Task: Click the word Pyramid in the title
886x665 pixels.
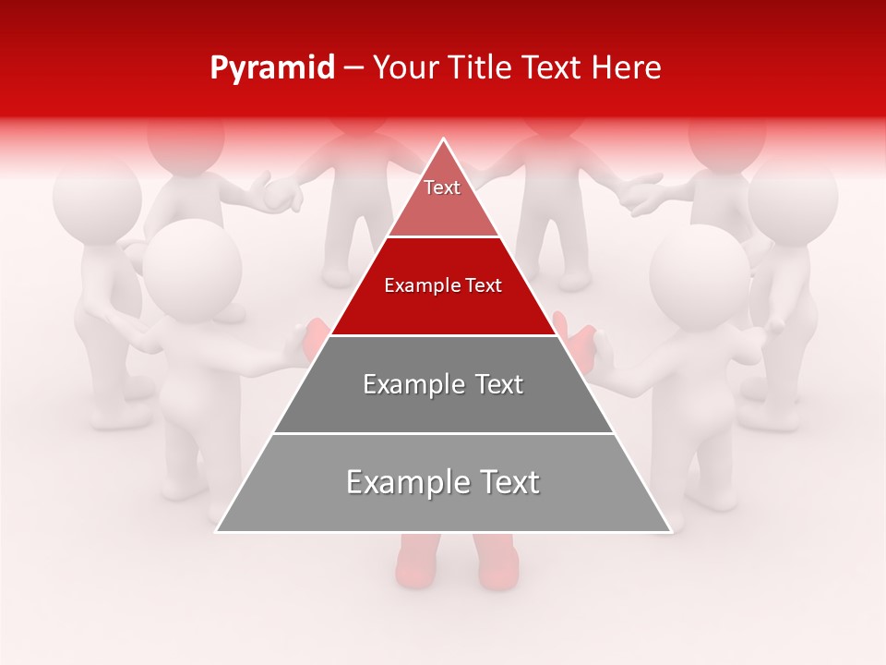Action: pyautogui.click(x=272, y=68)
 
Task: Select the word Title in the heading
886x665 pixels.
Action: pyautogui.click(x=482, y=68)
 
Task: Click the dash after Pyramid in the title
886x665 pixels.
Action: pyautogui.click(x=353, y=69)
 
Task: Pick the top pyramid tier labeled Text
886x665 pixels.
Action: pyautogui.click(x=442, y=199)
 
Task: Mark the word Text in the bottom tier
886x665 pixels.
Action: pyautogui.click(x=507, y=482)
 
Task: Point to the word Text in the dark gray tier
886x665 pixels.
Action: pyautogui.click(x=498, y=384)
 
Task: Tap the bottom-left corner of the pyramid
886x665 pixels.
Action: pyautogui.click(x=218, y=530)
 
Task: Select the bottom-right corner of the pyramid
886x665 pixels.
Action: pyautogui.click(x=669, y=530)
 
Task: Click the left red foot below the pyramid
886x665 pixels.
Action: pyautogui.click(x=414, y=563)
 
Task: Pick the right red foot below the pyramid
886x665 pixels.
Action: pyautogui.click(x=498, y=563)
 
